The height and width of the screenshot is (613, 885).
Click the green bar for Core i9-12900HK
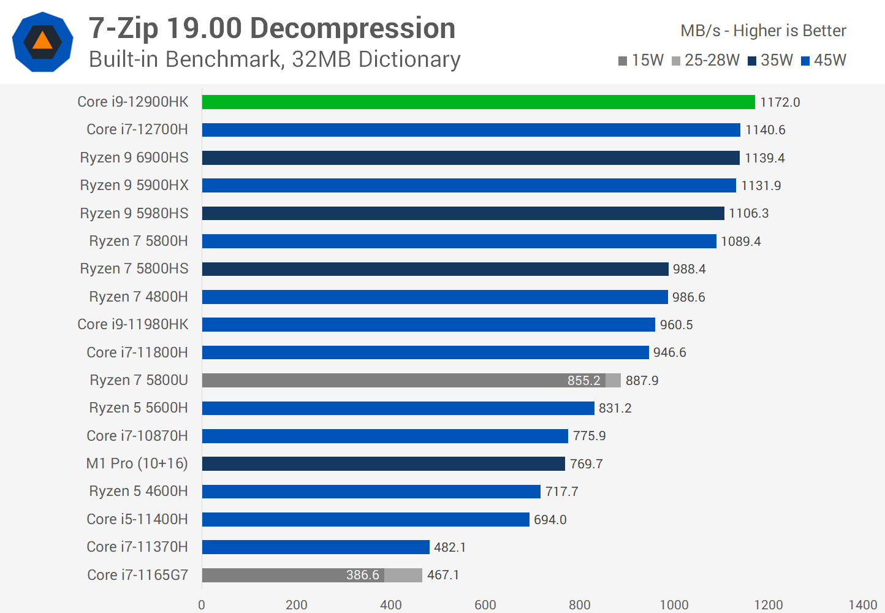pyautogui.click(x=478, y=102)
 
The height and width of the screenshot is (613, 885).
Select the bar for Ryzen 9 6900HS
pyautogui.click(x=471, y=158)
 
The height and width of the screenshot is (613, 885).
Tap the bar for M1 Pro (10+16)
pyautogui.click(x=383, y=463)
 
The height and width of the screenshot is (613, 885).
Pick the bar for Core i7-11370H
pyautogui.click(x=316, y=547)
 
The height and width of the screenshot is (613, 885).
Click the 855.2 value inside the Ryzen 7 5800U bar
pyautogui.click(x=583, y=381)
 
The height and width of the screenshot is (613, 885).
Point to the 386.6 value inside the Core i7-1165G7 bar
pyautogui.click(x=362, y=575)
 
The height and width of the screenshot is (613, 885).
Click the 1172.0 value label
pyautogui.click(x=780, y=102)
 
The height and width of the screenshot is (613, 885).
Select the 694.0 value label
pyautogui.click(x=550, y=520)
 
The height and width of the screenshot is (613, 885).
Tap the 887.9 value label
pyautogui.click(x=642, y=381)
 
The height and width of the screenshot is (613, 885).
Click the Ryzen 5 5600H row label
pyautogui.click(x=139, y=408)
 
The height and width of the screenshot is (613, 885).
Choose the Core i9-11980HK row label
pyautogui.click(x=133, y=324)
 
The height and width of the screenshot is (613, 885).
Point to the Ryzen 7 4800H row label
pyautogui.click(x=139, y=297)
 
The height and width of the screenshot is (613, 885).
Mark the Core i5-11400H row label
pyautogui.click(x=137, y=519)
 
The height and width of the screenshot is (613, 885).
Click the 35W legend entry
pyautogui.click(x=770, y=60)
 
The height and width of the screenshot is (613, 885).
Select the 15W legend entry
pyautogui.click(x=641, y=60)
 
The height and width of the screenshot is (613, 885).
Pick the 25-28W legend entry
pyautogui.click(x=705, y=60)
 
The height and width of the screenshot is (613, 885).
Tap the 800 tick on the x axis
pyautogui.click(x=579, y=605)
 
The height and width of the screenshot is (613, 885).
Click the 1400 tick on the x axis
pyautogui.click(x=862, y=605)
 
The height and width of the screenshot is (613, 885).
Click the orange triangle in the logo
pyautogui.click(x=42, y=41)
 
